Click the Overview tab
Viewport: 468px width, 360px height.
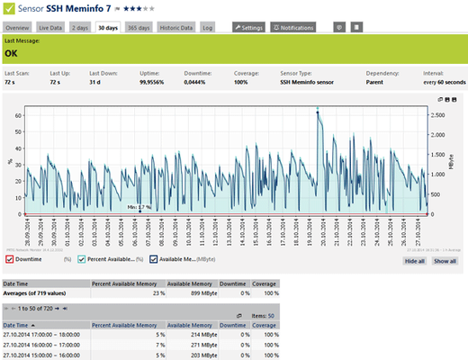(19, 28)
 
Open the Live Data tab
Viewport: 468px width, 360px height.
(50, 28)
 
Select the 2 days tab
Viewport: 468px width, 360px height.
(80, 28)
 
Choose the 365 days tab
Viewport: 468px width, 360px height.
(139, 28)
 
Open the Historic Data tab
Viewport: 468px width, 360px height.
(177, 28)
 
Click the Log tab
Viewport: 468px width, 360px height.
(208, 28)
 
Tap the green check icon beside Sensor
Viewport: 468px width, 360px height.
(10, 9)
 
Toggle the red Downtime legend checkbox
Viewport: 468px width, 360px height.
(8, 259)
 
